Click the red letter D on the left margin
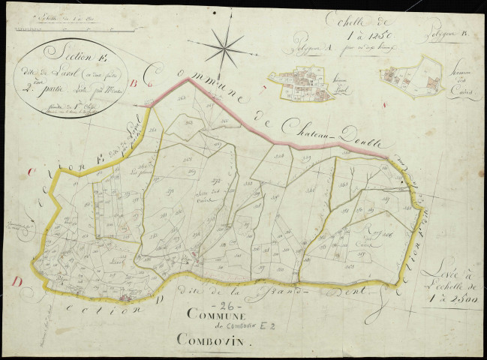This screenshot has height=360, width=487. [16, 281]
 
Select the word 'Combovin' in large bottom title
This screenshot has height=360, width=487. [211, 339]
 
